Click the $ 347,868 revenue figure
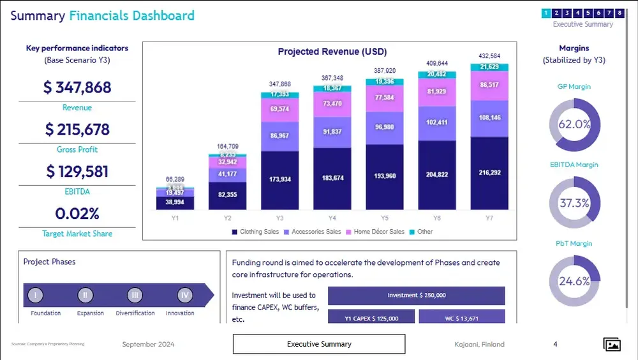(x=77, y=87)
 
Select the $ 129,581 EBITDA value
(x=77, y=172)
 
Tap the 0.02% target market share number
(x=77, y=213)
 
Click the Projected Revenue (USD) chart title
(x=332, y=52)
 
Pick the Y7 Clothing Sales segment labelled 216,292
(x=489, y=172)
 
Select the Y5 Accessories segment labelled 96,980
(x=384, y=126)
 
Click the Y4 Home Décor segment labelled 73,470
(x=332, y=103)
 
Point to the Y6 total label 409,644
(x=436, y=63)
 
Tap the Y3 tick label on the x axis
(x=279, y=218)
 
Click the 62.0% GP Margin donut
(x=574, y=124)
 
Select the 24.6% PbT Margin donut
(x=574, y=281)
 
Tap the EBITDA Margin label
(x=574, y=165)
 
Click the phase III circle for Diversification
(x=134, y=295)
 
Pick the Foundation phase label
(x=46, y=313)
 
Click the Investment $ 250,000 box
(x=416, y=296)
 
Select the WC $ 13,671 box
(x=461, y=318)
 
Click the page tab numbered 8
(x=619, y=13)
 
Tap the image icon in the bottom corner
(x=612, y=345)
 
